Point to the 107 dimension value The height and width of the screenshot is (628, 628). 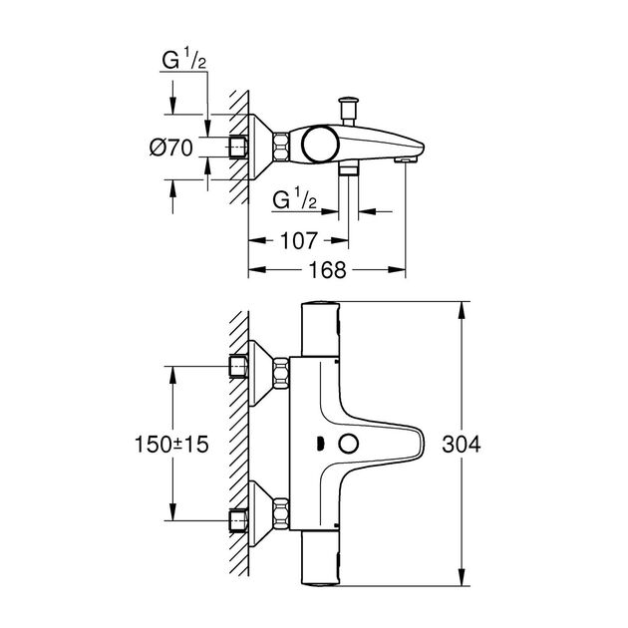298,240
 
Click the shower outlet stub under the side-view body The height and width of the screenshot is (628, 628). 348,172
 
